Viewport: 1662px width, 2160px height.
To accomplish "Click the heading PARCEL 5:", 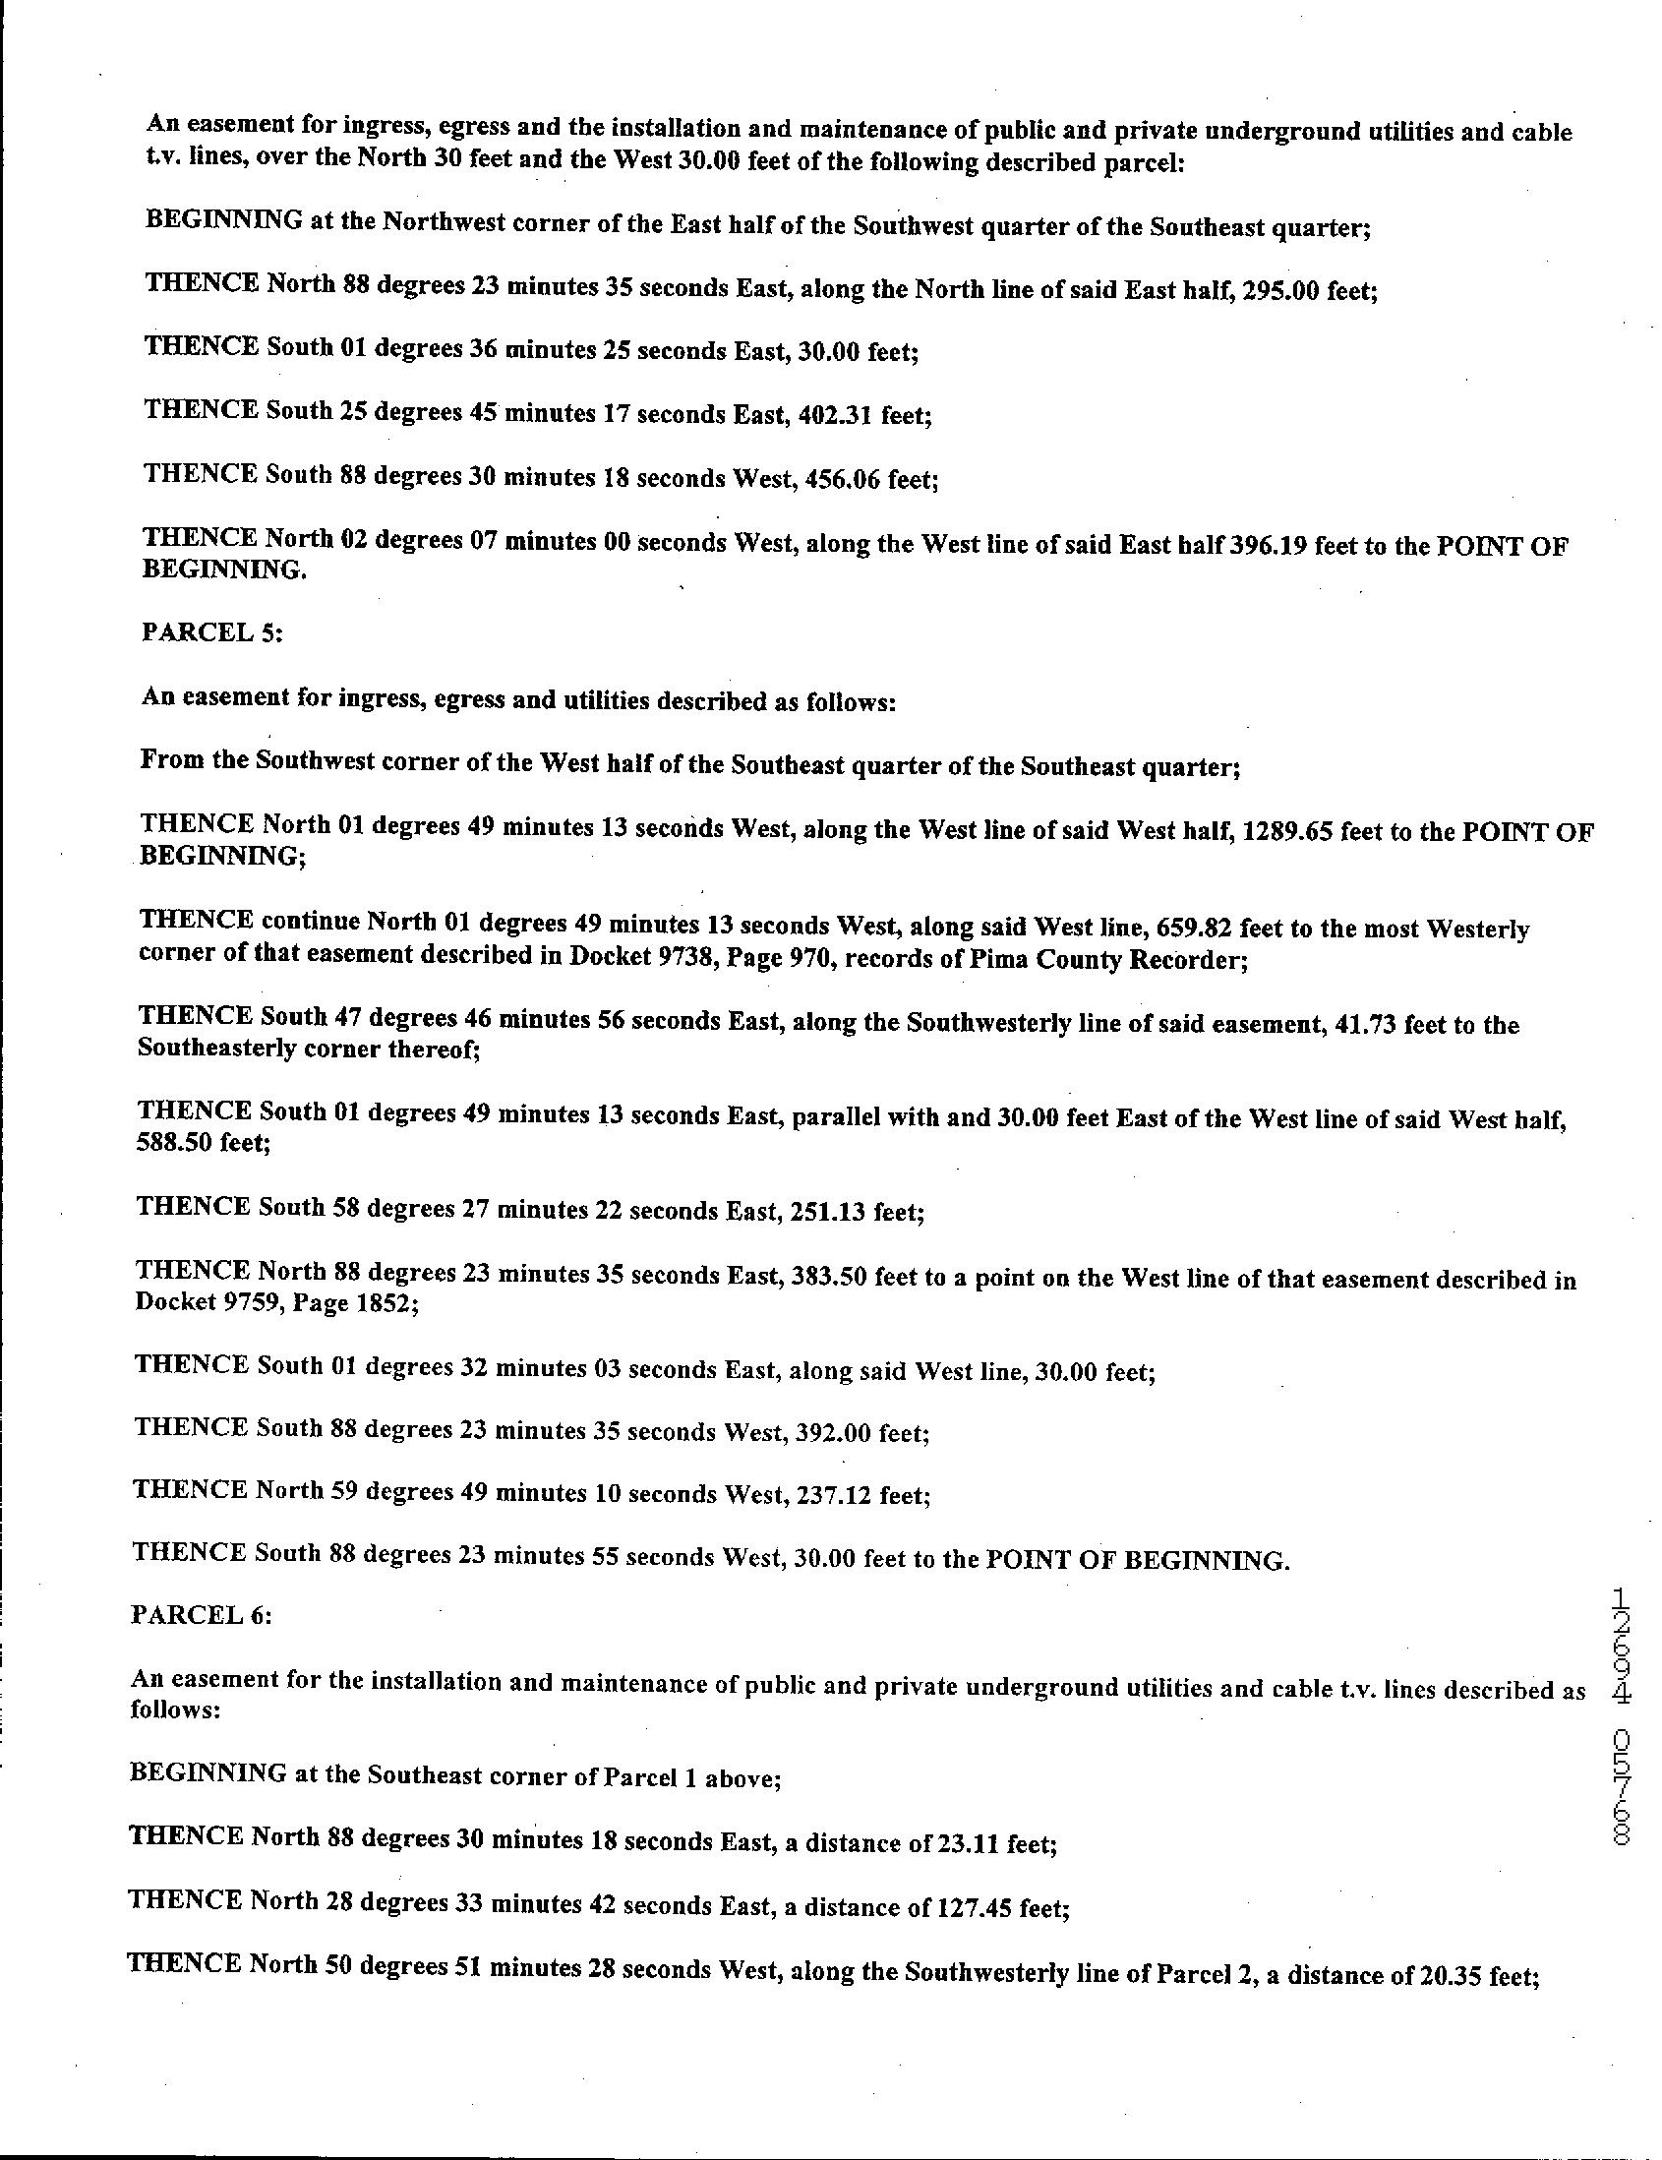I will click(x=211, y=632).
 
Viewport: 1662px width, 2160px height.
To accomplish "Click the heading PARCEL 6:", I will click(x=201, y=1615).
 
